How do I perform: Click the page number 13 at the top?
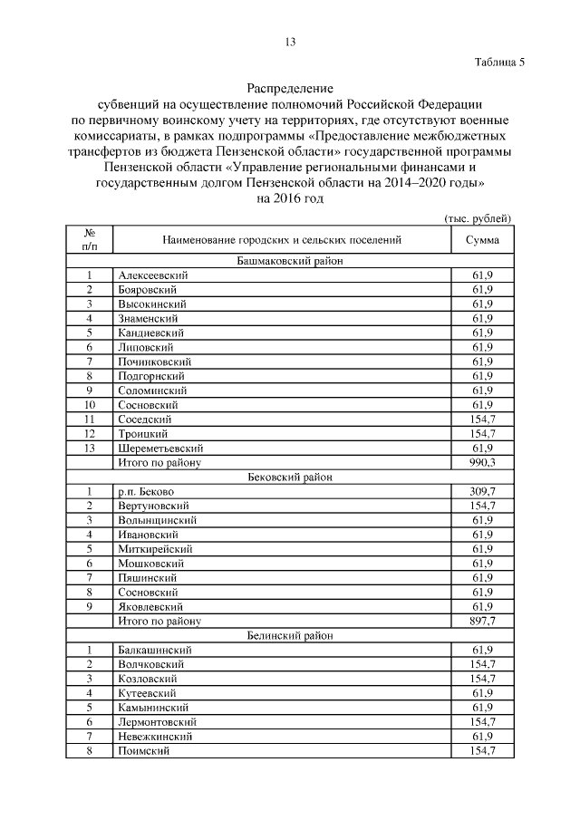290,43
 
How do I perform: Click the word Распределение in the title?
290,89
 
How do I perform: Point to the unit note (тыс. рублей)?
478,218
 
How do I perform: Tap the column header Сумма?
482,240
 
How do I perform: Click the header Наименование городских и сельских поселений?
282,240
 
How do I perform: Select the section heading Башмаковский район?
290,261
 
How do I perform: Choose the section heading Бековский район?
290,477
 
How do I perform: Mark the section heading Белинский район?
290,636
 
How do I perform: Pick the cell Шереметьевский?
160,448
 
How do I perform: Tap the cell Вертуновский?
152,506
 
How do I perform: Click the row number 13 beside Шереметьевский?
90,448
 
